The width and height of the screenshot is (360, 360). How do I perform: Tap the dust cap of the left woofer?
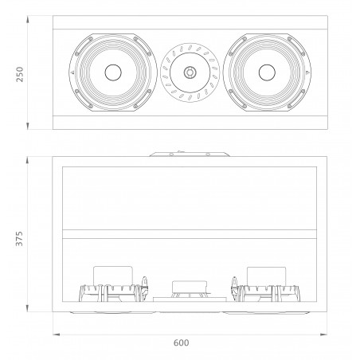point(111,73)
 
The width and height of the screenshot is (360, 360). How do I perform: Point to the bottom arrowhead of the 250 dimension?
point(29,125)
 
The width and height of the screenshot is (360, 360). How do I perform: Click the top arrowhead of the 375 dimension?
point(29,158)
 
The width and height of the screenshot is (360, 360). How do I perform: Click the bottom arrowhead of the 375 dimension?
point(29,309)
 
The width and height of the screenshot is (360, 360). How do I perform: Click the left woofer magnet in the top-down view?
point(111,276)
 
